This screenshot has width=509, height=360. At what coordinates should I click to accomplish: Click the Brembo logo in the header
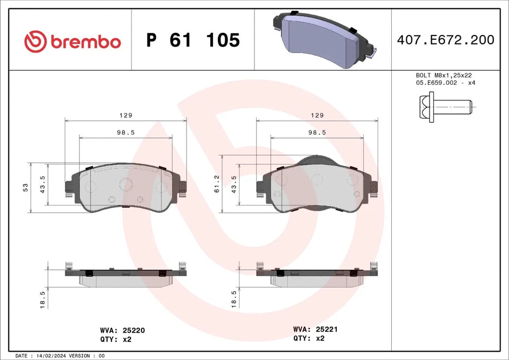pyautogui.click(x=73, y=41)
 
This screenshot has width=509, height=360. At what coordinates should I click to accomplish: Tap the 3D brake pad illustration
pyautogui.click(x=324, y=37)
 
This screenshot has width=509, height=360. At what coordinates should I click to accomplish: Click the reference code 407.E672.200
pyautogui.click(x=445, y=40)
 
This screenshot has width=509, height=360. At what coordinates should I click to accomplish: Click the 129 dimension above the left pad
pyautogui.click(x=125, y=115)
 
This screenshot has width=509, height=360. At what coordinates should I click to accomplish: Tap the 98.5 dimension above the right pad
pyautogui.click(x=317, y=133)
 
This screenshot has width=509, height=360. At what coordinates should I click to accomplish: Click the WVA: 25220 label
pyautogui.click(x=122, y=330)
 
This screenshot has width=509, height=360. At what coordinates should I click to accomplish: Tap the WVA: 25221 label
pyautogui.click(x=315, y=329)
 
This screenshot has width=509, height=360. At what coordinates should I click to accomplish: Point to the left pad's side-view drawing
pyautogui.click(x=126, y=276)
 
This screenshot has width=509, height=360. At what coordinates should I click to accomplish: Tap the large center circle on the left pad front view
pyautogui.click(x=126, y=184)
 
